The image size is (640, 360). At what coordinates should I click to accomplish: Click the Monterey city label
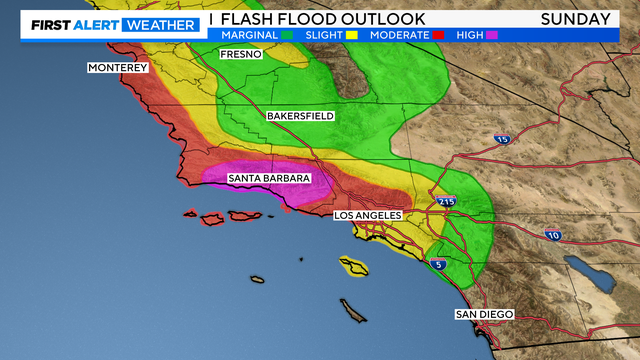pyautogui.click(x=118, y=68)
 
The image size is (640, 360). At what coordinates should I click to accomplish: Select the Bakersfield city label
pyautogui.click(x=300, y=116)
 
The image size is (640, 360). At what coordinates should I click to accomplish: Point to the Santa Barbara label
pyautogui.click(x=269, y=179)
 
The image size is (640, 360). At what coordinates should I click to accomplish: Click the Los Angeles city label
pyautogui.click(x=367, y=215)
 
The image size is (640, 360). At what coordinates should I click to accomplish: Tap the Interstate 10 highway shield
pyautogui.click(x=554, y=234)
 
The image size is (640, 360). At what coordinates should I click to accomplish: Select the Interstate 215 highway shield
pyautogui.click(x=446, y=202)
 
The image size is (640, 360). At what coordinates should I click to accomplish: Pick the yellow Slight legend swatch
pyautogui.click(x=352, y=35)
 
